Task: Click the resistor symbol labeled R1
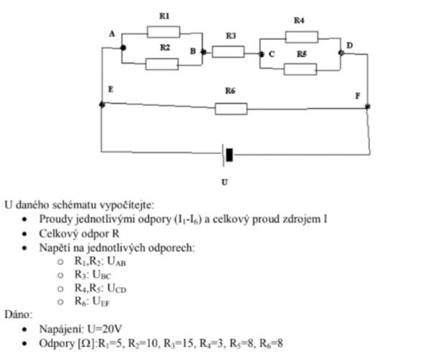pyautogui.click(x=163, y=32)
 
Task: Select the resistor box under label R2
pyautogui.click(x=162, y=64)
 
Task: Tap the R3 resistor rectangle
pyautogui.click(x=228, y=52)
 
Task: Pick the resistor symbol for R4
pyautogui.click(x=302, y=37)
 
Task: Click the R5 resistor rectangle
pyautogui.click(x=300, y=69)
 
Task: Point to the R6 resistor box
pyautogui.click(x=231, y=109)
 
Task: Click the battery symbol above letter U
pyautogui.click(x=228, y=155)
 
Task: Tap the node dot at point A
pyautogui.click(x=123, y=48)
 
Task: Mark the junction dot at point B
pyautogui.click(x=203, y=52)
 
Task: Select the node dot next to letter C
pyautogui.click(x=261, y=55)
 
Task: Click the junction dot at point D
pyautogui.click(x=341, y=53)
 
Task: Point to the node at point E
pyautogui.click(x=102, y=104)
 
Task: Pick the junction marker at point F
pyautogui.click(x=368, y=107)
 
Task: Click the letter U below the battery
pyautogui.click(x=225, y=182)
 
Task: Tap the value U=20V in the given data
pyautogui.click(x=104, y=329)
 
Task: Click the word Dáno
pyautogui.click(x=18, y=315)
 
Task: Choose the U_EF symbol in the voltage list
pyautogui.click(x=101, y=302)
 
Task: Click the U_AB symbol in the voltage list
pyautogui.click(x=117, y=261)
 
